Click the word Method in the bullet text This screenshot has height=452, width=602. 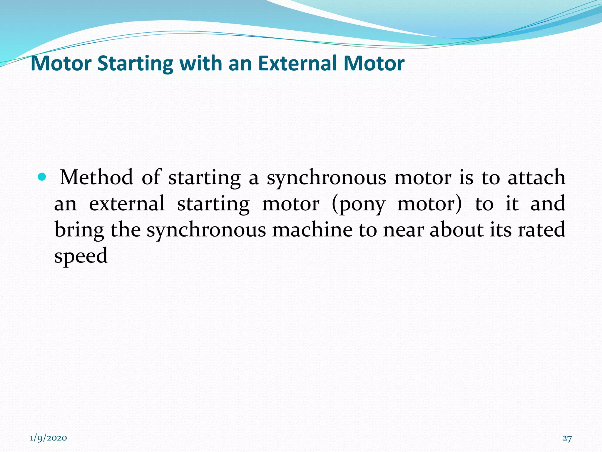[96, 177]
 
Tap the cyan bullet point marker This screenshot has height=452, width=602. [42, 177]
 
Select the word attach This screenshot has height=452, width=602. [536, 177]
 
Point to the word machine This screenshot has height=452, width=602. [312, 230]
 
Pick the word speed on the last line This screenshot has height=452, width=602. [81, 255]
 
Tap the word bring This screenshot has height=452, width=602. [79, 230]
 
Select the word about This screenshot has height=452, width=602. [456, 230]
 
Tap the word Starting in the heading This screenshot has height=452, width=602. [135, 63]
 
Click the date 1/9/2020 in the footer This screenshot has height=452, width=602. [49, 438]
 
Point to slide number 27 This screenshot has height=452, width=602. [567, 438]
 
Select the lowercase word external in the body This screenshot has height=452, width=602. [127, 204]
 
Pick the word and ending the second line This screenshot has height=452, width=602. [548, 204]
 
